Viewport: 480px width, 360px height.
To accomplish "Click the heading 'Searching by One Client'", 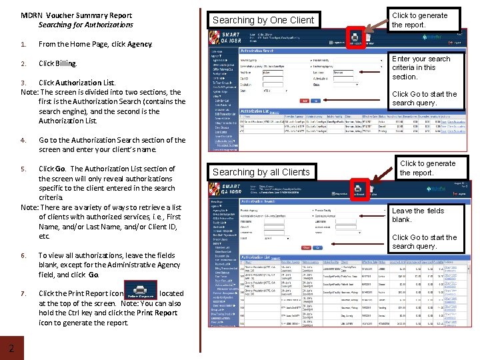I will pyautogui.click(x=263, y=20).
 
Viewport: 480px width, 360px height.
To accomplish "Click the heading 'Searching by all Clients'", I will pyautogui.click(x=261, y=172).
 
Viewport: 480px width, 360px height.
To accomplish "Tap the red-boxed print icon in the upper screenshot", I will pyautogui.click(x=356, y=38).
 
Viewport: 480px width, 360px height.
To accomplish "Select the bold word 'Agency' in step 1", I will pyautogui.click(x=140, y=45).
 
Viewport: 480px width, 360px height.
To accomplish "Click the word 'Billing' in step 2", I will pyautogui.click(x=66, y=64).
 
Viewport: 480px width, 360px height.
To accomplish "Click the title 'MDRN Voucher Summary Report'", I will pyautogui.click(x=76, y=15).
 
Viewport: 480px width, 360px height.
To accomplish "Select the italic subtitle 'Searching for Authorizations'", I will pyautogui.click(x=86, y=25).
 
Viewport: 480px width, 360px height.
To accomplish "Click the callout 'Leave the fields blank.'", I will pyautogui.click(x=418, y=215).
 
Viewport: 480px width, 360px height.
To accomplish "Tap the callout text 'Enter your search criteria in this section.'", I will pyautogui.click(x=421, y=67).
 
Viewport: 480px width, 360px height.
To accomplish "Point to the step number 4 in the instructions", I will pyautogui.click(x=23, y=140).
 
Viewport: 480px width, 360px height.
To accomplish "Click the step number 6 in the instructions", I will pyautogui.click(x=23, y=255).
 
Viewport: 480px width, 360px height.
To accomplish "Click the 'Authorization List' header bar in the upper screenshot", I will pyautogui.click(x=259, y=111).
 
